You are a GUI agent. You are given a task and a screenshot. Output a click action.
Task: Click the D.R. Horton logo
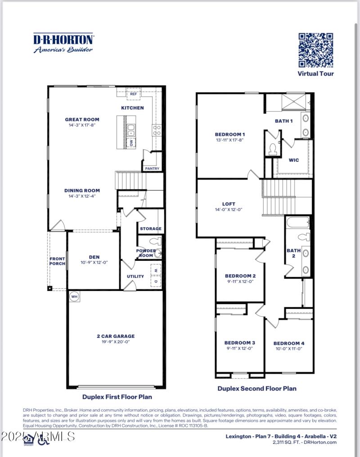pyautogui.click(x=63, y=43)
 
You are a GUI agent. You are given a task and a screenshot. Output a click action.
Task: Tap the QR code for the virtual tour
pyautogui.click(x=316, y=50)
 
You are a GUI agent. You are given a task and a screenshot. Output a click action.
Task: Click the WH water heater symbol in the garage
pyautogui.click(x=73, y=297)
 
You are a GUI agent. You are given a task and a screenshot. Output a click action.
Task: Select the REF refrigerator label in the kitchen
pyautogui.click(x=134, y=94)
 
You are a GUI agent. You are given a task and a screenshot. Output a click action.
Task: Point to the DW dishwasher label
pyautogui.click(x=132, y=143)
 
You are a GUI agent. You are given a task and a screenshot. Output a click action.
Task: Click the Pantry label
pyautogui.click(x=151, y=169)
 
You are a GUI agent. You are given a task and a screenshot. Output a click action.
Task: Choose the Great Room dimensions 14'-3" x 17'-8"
pyautogui.click(x=82, y=125)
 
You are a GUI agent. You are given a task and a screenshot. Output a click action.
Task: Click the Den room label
pyautogui.click(x=94, y=256)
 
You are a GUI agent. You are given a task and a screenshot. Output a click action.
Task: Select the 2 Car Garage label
pyautogui.click(x=115, y=336)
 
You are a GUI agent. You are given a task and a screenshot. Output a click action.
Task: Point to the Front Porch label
pyautogui.click(x=58, y=261)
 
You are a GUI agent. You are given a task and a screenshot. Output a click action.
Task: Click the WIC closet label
pyautogui.click(x=293, y=160)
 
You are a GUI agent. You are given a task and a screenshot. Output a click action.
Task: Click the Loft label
pyautogui.click(x=229, y=204)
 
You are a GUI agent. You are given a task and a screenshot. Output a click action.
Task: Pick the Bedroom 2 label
pyautogui.click(x=240, y=276)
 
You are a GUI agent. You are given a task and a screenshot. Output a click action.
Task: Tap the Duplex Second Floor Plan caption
pyautogui.click(x=257, y=388)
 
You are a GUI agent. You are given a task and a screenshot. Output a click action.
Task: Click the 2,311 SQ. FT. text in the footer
pyautogui.click(x=288, y=442)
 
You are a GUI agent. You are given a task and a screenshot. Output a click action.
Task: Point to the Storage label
pyautogui.click(x=150, y=228)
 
